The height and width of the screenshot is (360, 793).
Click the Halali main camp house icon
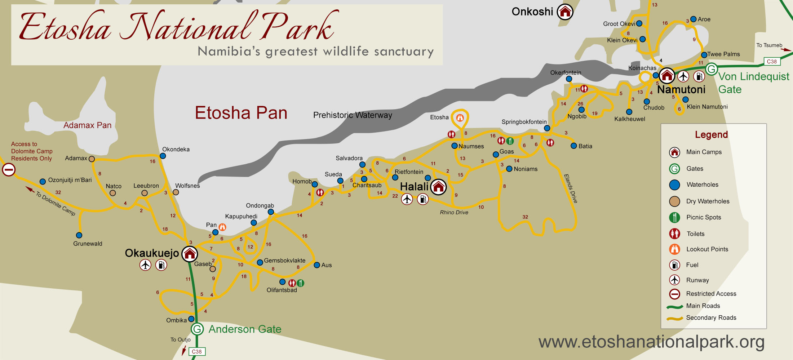(x=438, y=187)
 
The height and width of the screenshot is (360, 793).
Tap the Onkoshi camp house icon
(x=565, y=12)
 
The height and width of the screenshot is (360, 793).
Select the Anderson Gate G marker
(x=197, y=329)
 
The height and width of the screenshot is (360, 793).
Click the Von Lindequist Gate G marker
(x=712, y=69)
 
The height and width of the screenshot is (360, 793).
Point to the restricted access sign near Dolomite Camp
(x=9, y=169)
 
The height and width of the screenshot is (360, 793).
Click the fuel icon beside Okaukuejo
(x=161, y=265)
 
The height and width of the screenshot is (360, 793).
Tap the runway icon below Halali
(x=407, y=199)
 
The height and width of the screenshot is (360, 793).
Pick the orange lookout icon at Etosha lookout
(x=460, y=117)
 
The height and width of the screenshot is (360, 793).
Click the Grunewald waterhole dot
(x=79, y=235)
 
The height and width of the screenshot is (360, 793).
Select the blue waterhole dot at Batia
(x=574, y=146)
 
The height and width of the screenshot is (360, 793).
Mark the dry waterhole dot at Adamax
(x=92, y=159)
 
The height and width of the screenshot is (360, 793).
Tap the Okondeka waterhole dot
(x=163, y=156)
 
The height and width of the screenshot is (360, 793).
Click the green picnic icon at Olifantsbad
(x=301, y=283)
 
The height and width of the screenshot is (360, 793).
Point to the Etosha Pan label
(x=241, y=113)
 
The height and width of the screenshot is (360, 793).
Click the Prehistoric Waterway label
(x=353, y=115)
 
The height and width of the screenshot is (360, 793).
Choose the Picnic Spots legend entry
(x=703, y=217)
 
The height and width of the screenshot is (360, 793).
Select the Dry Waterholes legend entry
(x=707, y=201)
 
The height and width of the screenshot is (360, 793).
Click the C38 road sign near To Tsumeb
(x=772, y=62)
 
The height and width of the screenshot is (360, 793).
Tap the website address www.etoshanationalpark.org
(x=651, y=342)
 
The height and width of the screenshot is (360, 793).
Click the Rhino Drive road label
(x=454, y=213)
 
